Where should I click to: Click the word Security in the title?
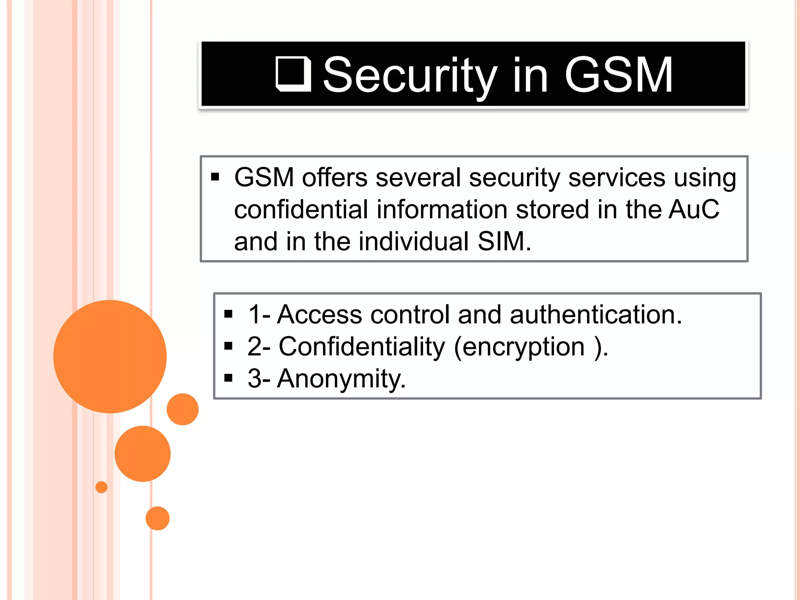410,75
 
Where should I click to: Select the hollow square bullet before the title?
293,74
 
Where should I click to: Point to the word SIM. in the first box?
504,241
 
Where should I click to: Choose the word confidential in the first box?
301,209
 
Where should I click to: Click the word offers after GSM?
335,178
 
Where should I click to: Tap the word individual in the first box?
413,241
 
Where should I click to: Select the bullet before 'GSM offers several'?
215,177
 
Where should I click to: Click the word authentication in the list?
595,314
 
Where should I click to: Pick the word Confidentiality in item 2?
362,346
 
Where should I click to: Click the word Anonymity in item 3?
341,379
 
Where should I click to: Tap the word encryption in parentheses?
523,346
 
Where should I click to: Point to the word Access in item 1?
320,314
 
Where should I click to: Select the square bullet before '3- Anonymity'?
229,378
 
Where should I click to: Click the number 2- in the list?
259,346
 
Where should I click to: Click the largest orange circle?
110,356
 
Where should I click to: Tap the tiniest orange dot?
102,487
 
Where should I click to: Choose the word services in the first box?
616,178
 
